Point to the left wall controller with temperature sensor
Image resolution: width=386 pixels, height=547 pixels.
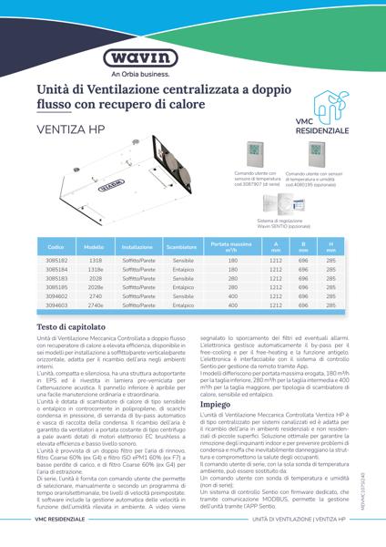coord(255,153)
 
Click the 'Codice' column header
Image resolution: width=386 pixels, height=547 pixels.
coord(56,247)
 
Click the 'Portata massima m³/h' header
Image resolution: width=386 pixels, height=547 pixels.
coord(232,246)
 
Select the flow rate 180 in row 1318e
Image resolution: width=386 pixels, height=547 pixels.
coord(232,270)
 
